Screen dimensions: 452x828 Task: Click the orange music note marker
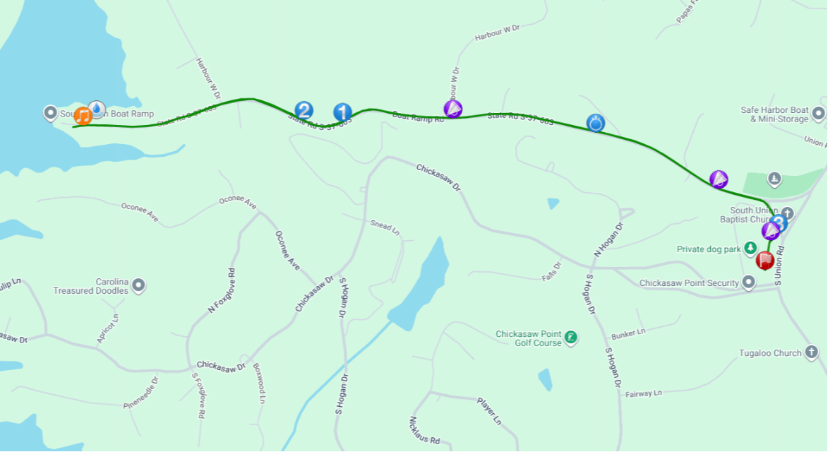click(83, 115)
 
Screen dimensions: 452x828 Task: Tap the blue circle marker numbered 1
click(342, 112)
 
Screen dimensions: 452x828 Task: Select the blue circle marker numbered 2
click(304, 110)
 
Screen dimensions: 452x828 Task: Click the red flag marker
click(764, 261)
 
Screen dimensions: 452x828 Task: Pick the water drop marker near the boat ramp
click(97, 108)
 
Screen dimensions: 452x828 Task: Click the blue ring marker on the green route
click(596, 124)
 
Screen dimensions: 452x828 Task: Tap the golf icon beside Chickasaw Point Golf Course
click(571, 338)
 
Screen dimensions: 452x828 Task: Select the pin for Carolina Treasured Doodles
click(138, 286)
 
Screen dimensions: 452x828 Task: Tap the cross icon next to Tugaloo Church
click(812, 352)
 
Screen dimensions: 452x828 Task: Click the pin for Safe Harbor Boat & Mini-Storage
click(819, 113)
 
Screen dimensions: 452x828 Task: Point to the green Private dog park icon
click(750, 249)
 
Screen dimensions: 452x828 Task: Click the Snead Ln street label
click(385, 227)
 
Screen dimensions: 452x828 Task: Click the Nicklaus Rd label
click(424, 430)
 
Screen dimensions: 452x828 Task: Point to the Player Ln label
click(489, 411)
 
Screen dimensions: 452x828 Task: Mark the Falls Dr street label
click(551, 271)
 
